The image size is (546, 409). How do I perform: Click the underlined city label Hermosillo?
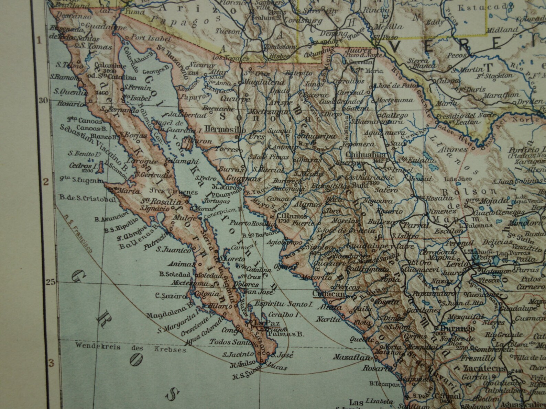click(x=225, y=129)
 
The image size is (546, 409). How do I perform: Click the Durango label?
click(x=455, y=329)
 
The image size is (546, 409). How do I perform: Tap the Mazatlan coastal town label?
click(x=351, y=357)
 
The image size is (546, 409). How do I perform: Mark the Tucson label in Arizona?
click(x=227, y=31)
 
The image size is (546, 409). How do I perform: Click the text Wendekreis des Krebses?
click(x=131, y=348)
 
